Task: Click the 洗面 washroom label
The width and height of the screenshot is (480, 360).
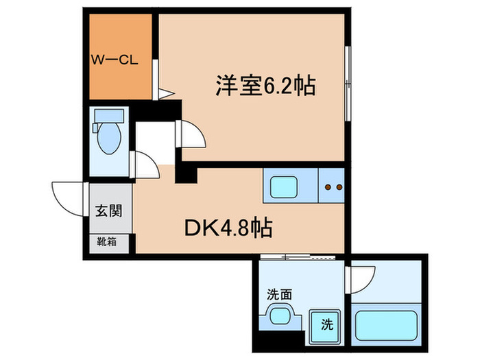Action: pyautogui.click(x=279, y=295)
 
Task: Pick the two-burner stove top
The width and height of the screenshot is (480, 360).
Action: pyautogui.click(x=333, y=186)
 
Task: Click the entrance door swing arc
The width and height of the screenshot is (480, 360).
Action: pyautogui.click(x=69, y=199)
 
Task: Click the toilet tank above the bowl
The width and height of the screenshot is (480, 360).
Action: pyautogui.click(x=108, y=115)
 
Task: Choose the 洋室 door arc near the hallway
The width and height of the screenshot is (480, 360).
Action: pyautogui.click(x=191, y=134)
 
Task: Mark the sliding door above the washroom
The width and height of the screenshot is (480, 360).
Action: pyautogui.click(x=299, y=257)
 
